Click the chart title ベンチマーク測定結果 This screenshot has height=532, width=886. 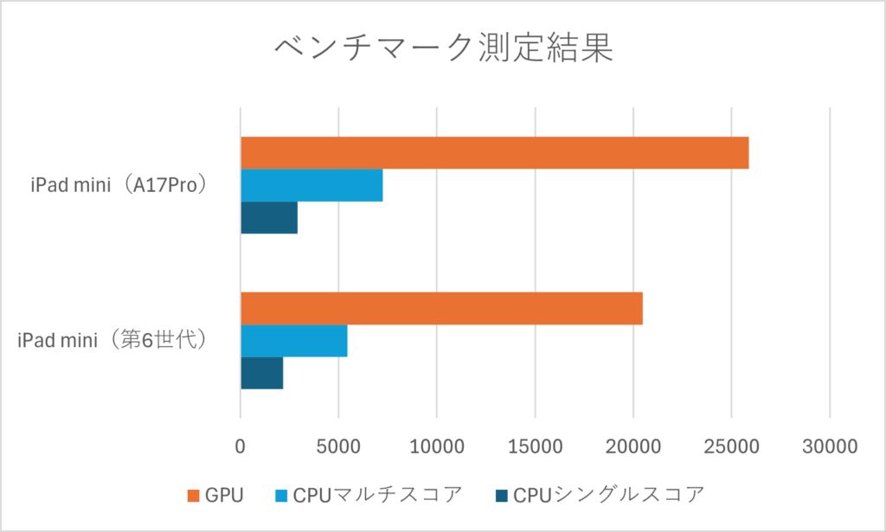pyautogui.click(x=443, y=49)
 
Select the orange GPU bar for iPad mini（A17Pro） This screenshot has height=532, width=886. pyautogui.click(x=494, y=152)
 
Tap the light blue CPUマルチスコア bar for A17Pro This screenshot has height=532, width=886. pyautogui.click(x=311, y=185)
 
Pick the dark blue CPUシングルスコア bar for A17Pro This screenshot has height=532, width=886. pyautogui.click(x=269, y=217)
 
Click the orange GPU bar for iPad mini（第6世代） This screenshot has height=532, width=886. pyautogui.click(x=441, y=309)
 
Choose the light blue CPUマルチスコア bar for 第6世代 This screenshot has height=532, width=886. pyautogui.click(x=294, y=341)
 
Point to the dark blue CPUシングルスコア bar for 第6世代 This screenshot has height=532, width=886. pyautogui.click(x=262, y=373)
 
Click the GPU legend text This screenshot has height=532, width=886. pyautogui.click(x=224, y=496)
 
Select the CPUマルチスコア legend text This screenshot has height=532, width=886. pyautogui.click(x=377, y=496)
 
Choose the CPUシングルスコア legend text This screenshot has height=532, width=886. pyautogui.click(x=608, y=496)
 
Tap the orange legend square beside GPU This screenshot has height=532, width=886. pyautogui.click(x=195, y=496)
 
